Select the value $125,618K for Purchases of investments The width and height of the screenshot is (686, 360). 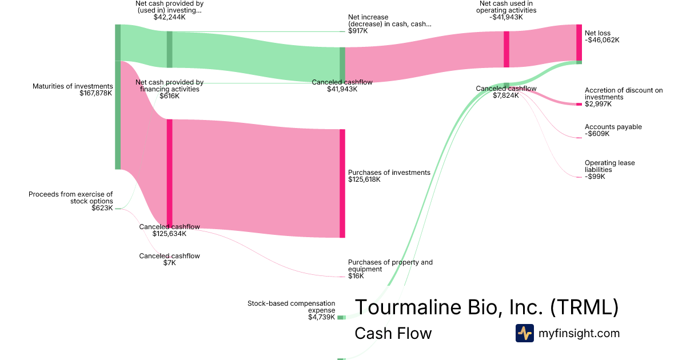point(364,179)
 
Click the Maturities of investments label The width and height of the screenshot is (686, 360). point(73,86)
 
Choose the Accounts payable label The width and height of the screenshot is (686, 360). point(613,127)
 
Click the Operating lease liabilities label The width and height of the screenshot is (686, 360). point(609,166)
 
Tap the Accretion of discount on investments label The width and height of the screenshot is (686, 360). point(623,94)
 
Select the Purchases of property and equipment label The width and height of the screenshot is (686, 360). point(390,266)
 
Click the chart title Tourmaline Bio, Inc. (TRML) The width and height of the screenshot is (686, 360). point(486,307)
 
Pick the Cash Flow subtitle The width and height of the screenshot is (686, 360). point(393,333)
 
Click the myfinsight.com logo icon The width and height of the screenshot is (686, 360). point(524,333)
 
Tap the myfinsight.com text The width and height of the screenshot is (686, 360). point(579,333)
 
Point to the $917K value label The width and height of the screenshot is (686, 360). point(358,31)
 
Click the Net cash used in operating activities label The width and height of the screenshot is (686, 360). point(506,6)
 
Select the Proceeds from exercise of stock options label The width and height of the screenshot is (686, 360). point(71,198)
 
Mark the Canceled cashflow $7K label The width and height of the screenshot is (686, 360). point(169,259)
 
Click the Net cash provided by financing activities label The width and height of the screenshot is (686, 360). point(169,86)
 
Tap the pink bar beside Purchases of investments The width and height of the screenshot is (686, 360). point(342,183)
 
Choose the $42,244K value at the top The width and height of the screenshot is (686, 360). point(169,17)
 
